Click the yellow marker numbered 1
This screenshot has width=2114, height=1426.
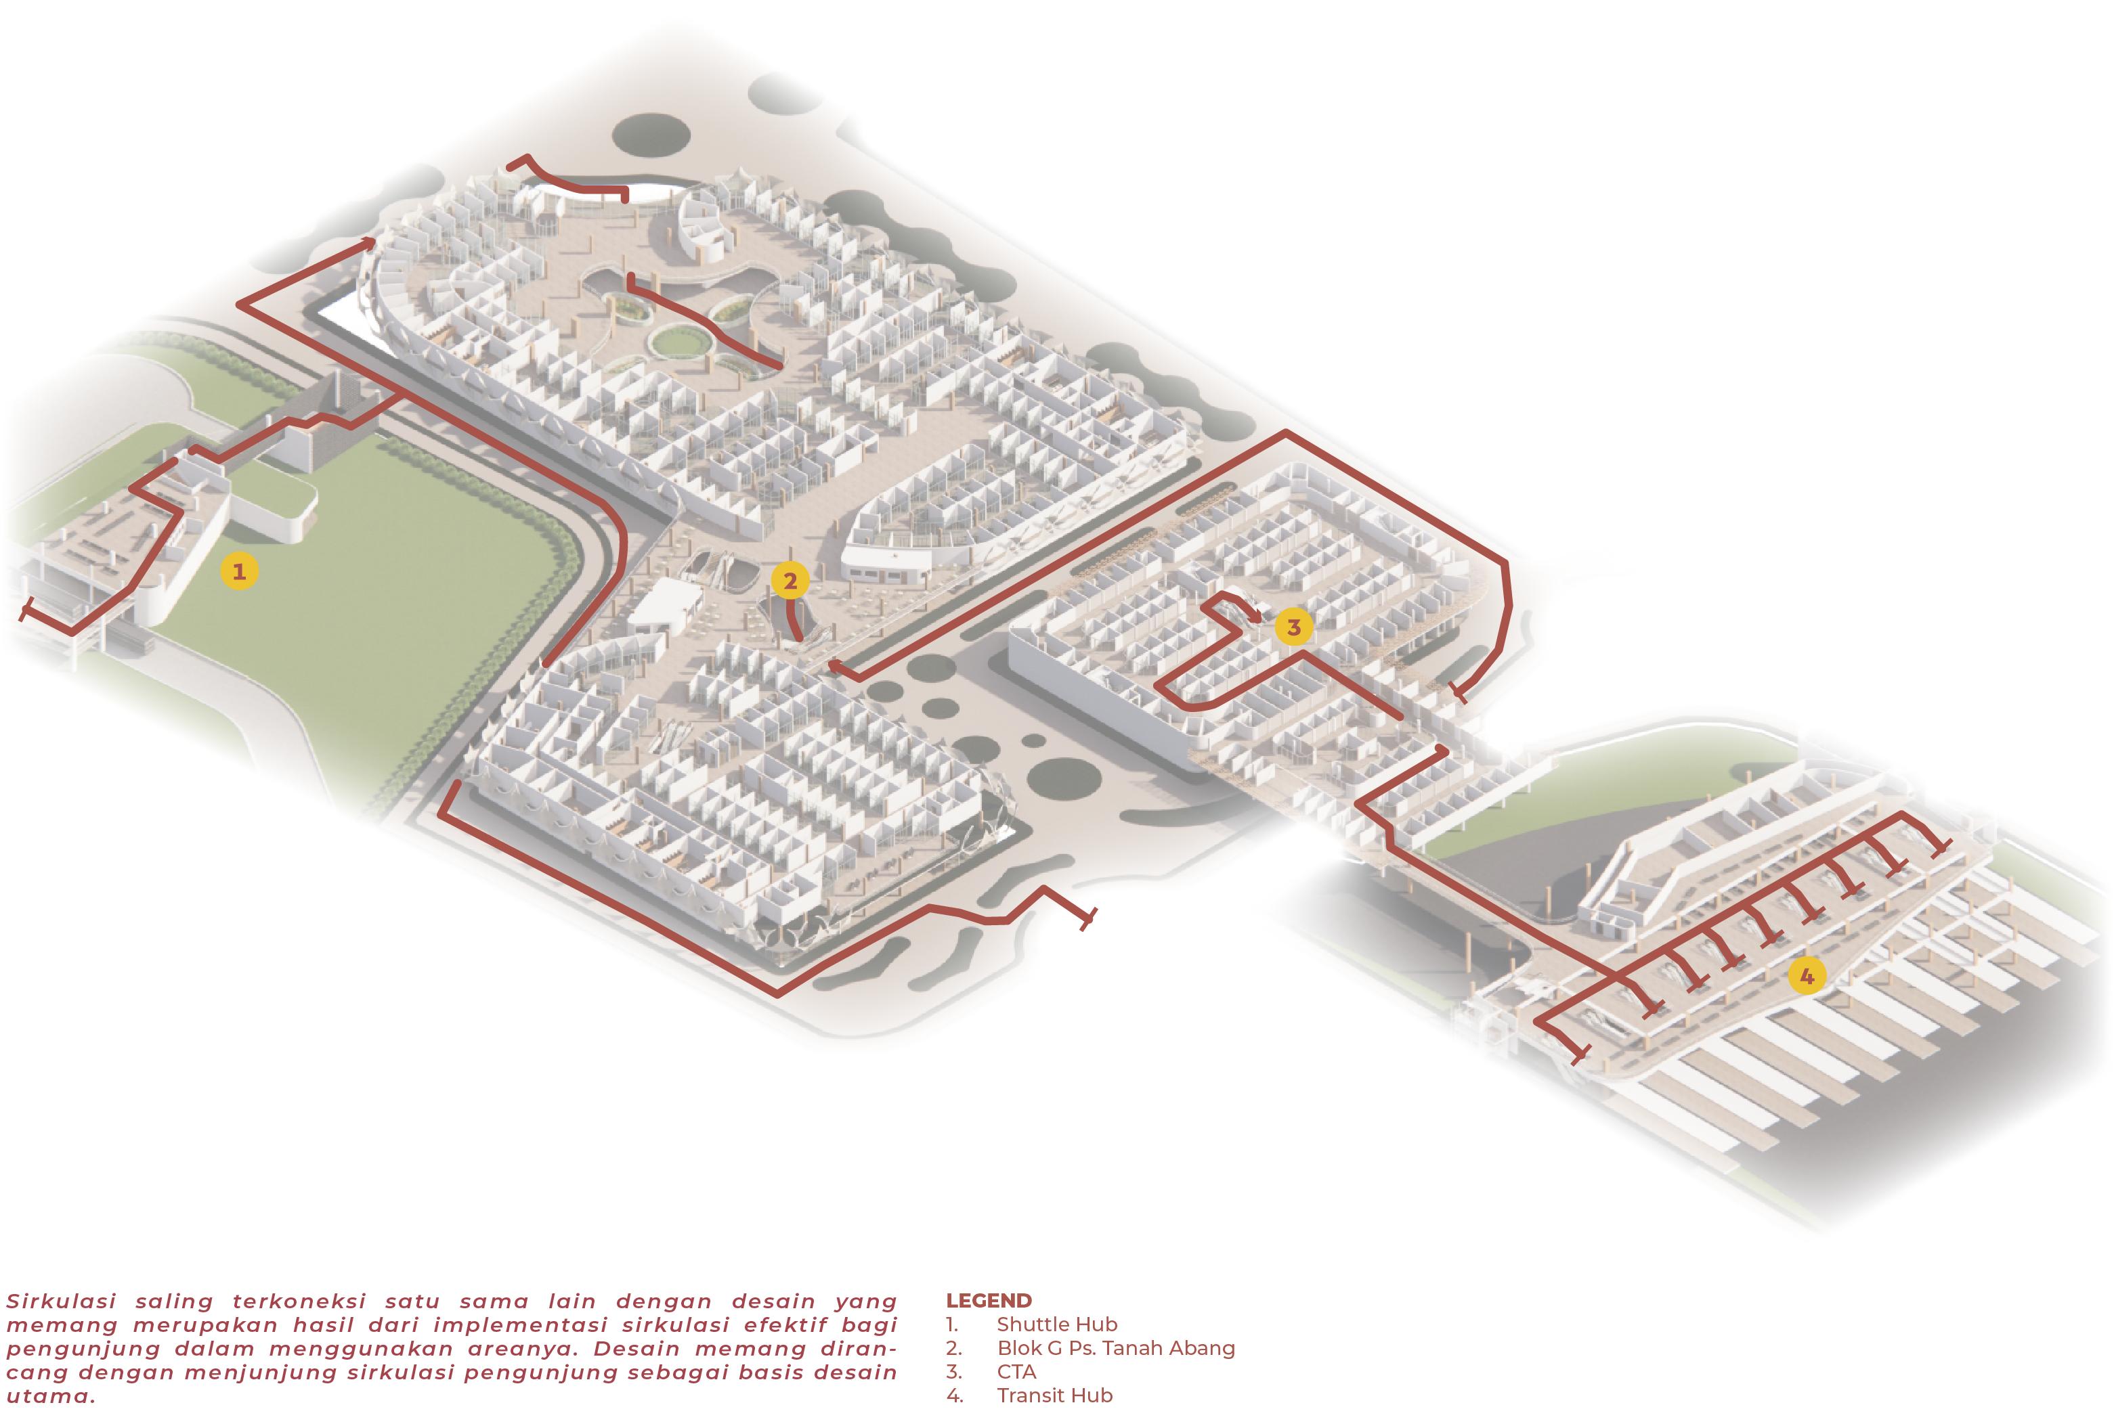239,571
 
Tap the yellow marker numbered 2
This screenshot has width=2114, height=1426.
790,580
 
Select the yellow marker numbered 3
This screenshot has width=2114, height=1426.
1293,627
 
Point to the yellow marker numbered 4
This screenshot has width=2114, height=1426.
1807,977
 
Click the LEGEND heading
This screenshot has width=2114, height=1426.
989,1301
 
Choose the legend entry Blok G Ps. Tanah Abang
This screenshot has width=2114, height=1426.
1115,1347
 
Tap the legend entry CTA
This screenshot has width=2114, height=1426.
1016,1371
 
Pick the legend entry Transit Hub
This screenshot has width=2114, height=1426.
1054,1395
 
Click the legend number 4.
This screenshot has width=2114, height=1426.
954,1395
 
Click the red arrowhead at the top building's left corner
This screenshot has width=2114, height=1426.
368,242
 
